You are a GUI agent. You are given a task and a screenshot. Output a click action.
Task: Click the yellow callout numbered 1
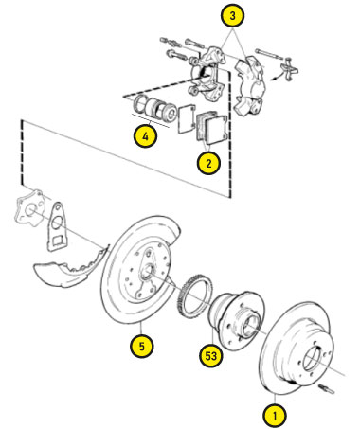coord(275,415)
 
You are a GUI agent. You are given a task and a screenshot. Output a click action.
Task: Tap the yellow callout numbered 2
coord(208,164)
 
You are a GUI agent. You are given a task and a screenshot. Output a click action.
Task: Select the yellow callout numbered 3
coord(233,15)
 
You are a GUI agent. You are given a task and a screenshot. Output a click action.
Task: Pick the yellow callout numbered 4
coord(145,136)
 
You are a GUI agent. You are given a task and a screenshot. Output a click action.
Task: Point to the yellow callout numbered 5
coord(141,347)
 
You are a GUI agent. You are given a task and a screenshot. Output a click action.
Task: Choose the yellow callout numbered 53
coord(211,356)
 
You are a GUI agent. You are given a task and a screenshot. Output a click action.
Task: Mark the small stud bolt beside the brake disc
coord(328,388)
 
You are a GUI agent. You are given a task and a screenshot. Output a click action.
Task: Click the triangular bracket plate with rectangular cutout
coord(57,226)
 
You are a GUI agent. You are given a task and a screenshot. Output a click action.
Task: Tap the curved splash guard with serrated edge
coord(72,267)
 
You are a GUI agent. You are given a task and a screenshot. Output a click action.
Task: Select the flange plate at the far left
coord(29,207)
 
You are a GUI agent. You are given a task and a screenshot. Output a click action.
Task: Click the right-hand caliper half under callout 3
coord(250,85)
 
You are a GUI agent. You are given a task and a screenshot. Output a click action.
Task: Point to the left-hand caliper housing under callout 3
coord(207,73)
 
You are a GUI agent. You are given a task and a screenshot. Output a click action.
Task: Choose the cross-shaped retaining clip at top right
coord(289,69)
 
